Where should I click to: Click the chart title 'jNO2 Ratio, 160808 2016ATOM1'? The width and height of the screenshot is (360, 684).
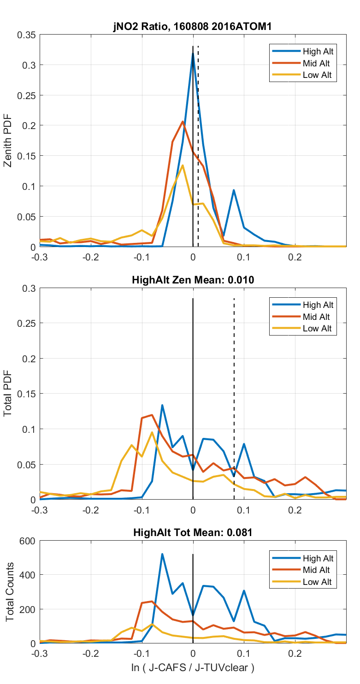tap(193, 27)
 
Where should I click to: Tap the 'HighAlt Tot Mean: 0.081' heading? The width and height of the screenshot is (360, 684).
tap(193, 532)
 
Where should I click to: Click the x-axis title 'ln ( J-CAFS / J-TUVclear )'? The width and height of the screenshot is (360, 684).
tap(193, 667)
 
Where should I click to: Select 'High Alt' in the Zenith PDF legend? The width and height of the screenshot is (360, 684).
tap(318, 51)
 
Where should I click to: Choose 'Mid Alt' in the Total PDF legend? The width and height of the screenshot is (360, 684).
tap(317, 317)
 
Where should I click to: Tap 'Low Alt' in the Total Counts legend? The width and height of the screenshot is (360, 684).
tap(317, 582)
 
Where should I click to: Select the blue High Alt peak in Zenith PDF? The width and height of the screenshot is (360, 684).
tap(193, 53)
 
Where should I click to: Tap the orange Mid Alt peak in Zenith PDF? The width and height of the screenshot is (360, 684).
tap(183, 122)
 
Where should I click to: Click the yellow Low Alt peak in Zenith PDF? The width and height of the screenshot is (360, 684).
tap(183, 165)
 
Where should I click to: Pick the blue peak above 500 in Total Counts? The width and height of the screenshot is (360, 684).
tap(162, 554)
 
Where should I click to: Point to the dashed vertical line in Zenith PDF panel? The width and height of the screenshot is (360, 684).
tap(198, 138)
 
